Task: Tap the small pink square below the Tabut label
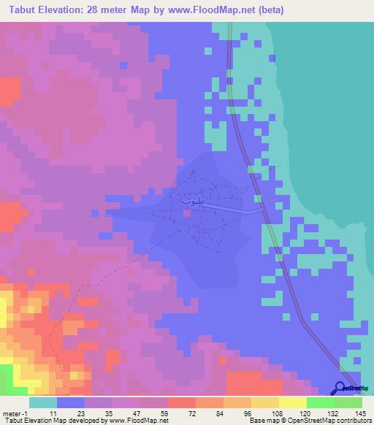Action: click(188, 212)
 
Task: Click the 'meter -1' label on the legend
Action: click(15, 413)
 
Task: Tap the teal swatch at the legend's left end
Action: click(43, 402)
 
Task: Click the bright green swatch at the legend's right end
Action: click(348, 402)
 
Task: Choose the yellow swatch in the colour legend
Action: click(292, 402)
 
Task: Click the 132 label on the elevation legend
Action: click(333, 413)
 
